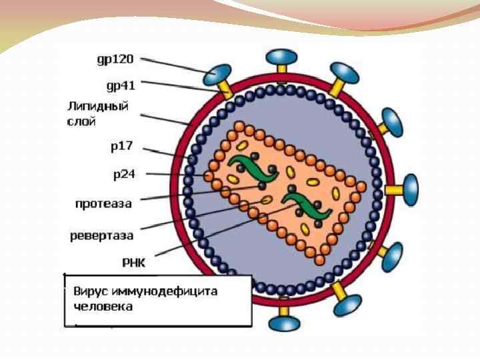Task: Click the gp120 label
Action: click(x=115, y=59)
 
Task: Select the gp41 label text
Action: click(x=121, y=85)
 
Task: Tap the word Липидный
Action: click(x=98, y=107)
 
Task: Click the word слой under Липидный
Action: click(x=82, y=121)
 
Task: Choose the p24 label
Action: click(x=124, y=175)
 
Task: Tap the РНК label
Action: click(x=132, y=263)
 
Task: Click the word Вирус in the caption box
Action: click(x=91, y=292)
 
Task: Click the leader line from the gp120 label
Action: click(x=177, y=65)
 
